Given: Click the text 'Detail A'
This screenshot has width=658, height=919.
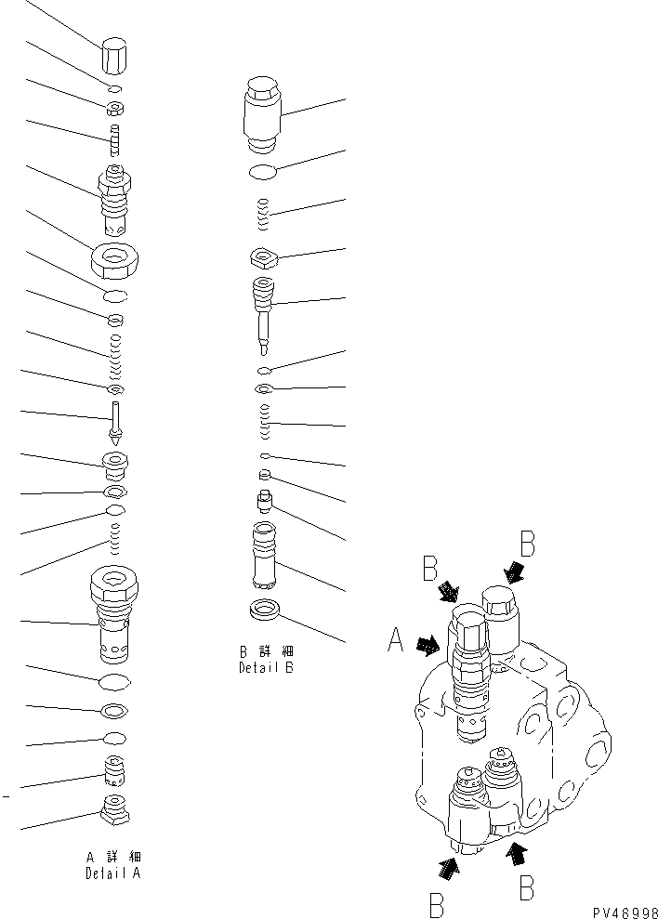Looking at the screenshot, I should coord(112,874).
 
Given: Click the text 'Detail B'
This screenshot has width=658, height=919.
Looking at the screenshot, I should coord(265,667).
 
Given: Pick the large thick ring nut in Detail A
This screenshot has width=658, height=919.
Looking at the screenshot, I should coord(116,257).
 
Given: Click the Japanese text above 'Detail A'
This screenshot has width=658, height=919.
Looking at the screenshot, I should coord(112,857).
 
